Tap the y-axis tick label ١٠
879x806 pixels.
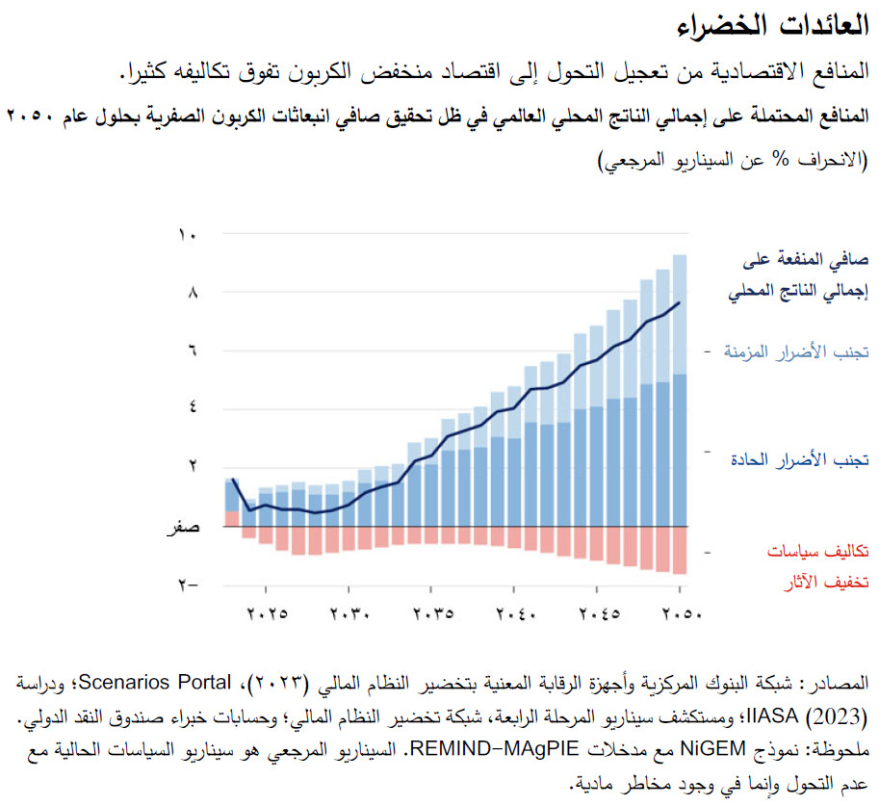pyautogui.click(x=189, y=234)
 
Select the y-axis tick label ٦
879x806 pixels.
pyautogui.click(x=189, y=351)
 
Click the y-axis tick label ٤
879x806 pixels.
pyautogui.click(x=189, y=409)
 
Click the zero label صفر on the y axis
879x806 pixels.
pyautogui.click(x=183, y=527)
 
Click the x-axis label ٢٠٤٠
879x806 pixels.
pyautogui.click(x=513, y=612)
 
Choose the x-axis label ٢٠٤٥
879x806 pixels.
pyautogui.click(x=596, y=612)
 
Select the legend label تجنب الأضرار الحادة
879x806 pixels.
pyautogui.click(x=801, y=459)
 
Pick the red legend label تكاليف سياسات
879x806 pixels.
pyautogui.click(x=817, y=552)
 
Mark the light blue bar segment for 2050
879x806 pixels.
pyautogui.click(x=679, y=314)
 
